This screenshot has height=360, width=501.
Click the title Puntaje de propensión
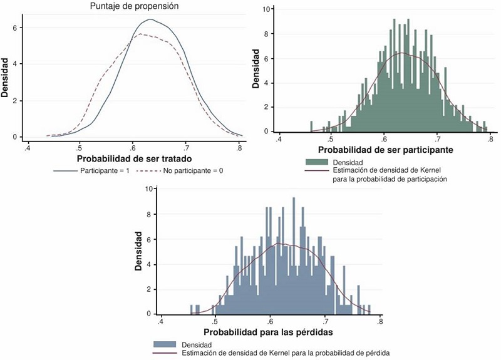pyautogui.click(x=133, y=8)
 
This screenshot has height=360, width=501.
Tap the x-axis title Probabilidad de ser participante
pyautogui.click(x=385, y=150)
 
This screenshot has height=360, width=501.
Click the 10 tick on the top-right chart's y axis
pyautogui.click(x=266, y=9)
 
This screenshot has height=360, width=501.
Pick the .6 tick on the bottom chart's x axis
pyautogui.click(x=270, y=322)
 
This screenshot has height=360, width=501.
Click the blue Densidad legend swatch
pyautogui.click(x=165, y=344)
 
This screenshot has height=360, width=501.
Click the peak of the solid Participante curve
pyautogui.click(x=150, y=19)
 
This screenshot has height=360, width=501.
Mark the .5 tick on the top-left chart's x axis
pyautogui.click(x=79, y=148)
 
